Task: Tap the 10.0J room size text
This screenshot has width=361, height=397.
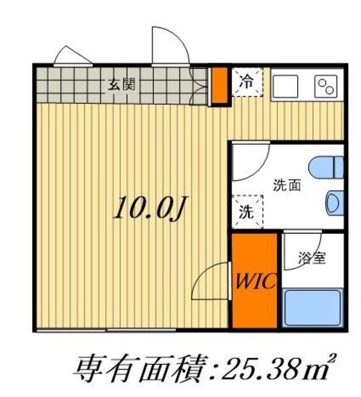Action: coord(149,208)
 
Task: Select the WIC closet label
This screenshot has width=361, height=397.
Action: coord(254,283)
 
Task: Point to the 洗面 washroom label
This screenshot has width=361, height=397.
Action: coord(286,184)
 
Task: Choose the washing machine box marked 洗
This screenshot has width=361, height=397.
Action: coord(246,212)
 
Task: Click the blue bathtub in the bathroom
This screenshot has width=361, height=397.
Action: coord(312,308)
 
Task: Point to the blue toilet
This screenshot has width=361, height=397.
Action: coord(326,167)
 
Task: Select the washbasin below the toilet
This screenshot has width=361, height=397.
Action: coord(334,202)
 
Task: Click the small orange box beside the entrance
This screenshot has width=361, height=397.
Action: coord(218,86)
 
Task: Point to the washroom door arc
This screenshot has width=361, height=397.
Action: coord(251,160)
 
